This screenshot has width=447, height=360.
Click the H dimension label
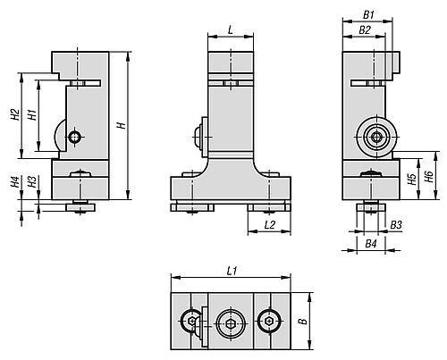[122, 125]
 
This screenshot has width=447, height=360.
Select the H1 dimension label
[32, 114]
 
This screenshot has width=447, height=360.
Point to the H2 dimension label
[15, 114]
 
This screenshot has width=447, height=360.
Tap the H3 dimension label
[32, 181]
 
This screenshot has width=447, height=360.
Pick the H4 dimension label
[15, 181]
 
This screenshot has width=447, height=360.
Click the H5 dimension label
[412, 179]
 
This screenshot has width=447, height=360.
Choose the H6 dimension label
[429, 177]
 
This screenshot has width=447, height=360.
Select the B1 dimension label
[368, 14]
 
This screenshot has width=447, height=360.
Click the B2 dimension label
[365, 30]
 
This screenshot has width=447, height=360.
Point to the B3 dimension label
[396, 225]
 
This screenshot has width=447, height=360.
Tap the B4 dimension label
[371, 244]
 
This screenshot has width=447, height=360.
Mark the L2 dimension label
[270, 225]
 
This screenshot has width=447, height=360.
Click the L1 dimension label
[232, 271]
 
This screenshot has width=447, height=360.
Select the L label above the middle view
[231, 30]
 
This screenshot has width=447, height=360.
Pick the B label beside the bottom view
[303, 322]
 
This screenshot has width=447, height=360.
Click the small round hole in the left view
[74, 137]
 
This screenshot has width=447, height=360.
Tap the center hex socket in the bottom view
[232, 323]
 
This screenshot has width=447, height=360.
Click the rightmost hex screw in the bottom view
[269, 322]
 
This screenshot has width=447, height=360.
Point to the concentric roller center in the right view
[376, 137]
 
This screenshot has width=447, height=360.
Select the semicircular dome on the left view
[57, 136]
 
